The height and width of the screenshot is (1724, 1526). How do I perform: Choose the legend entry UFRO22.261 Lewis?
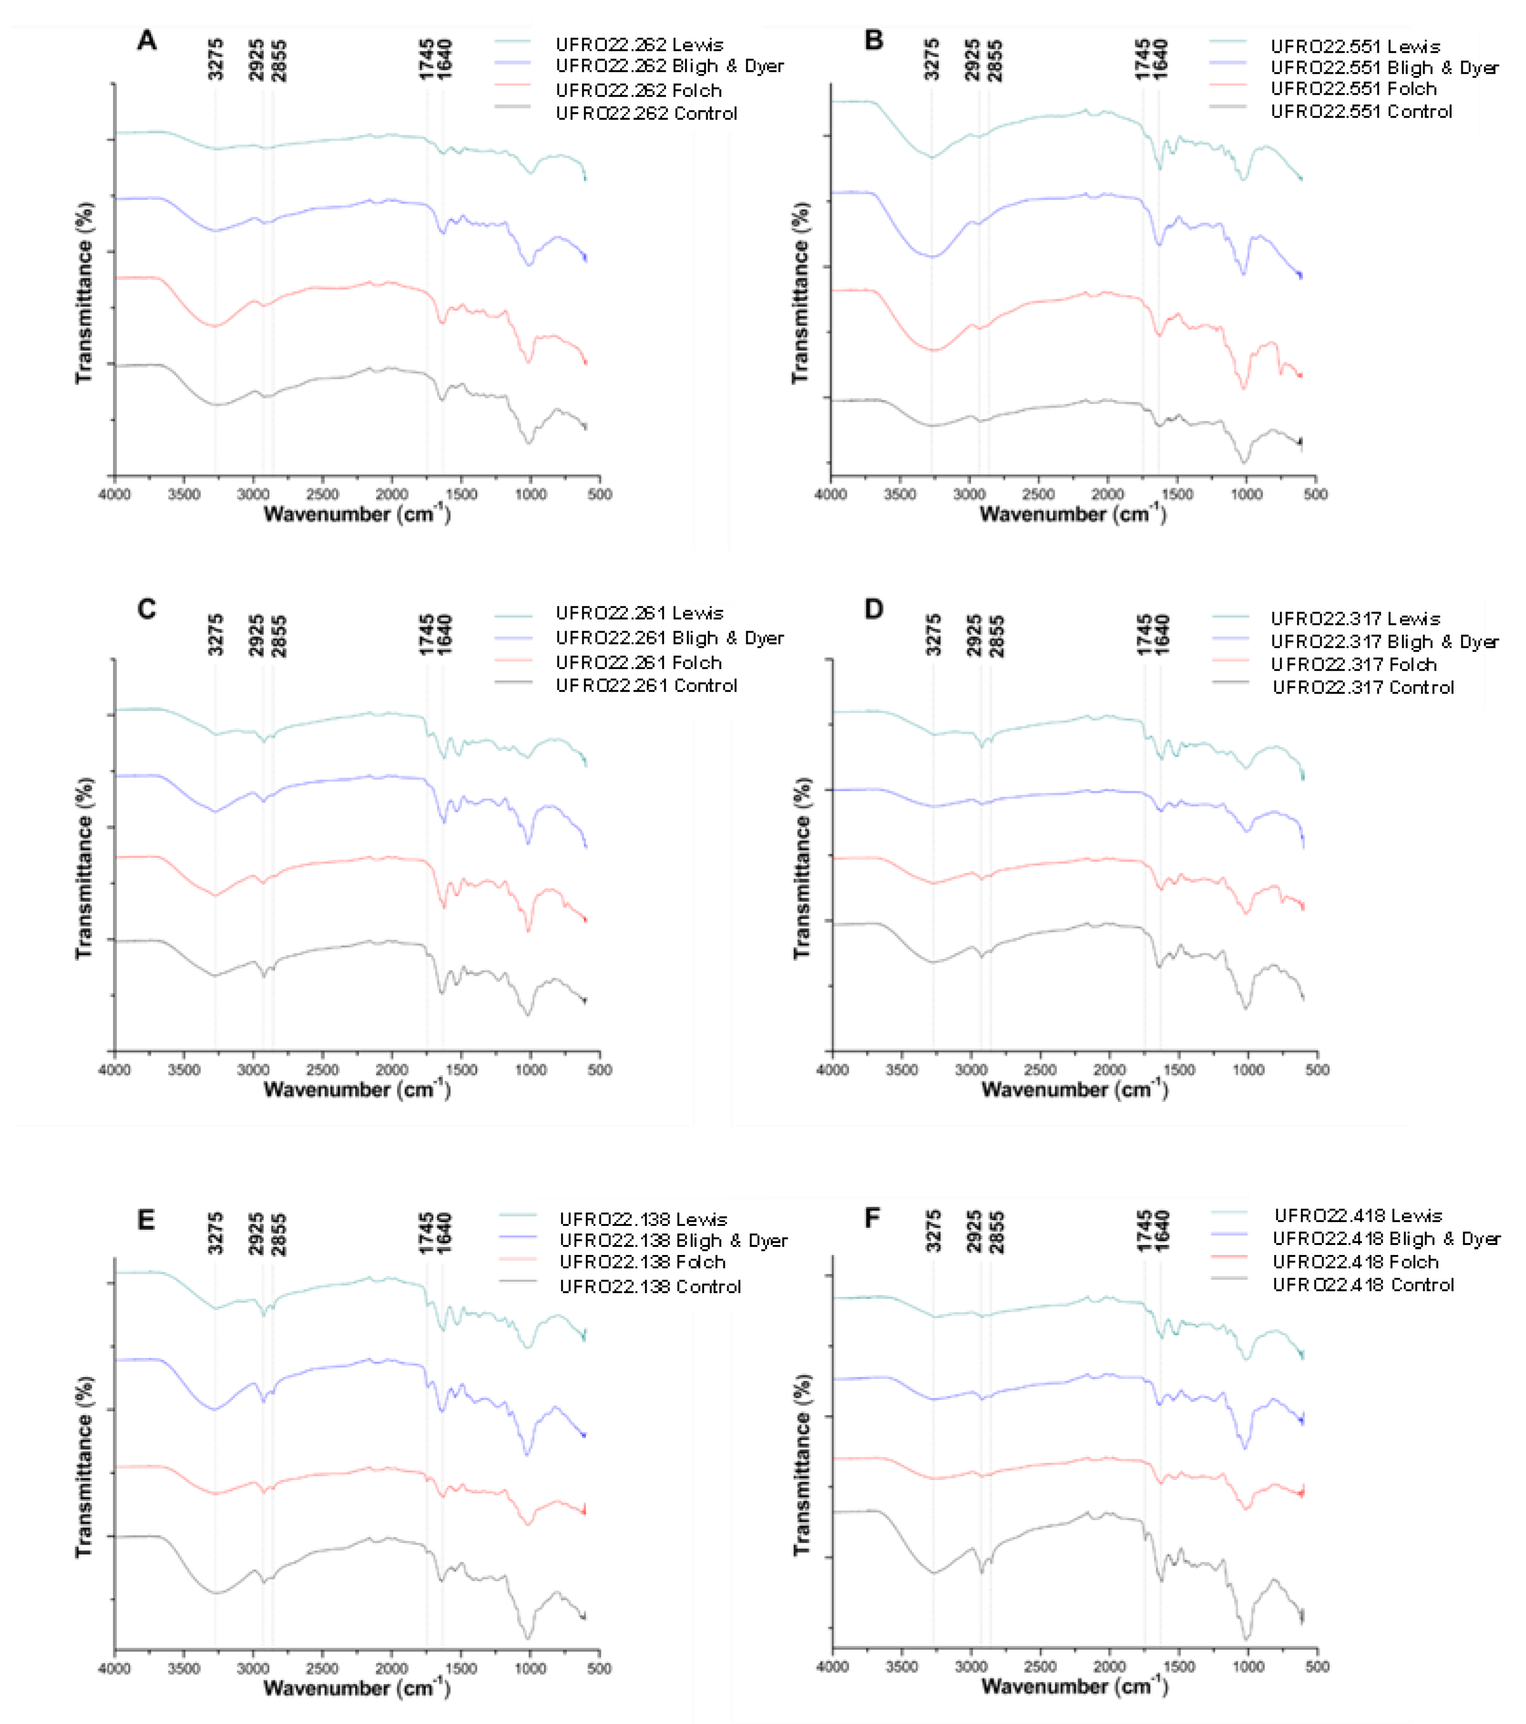point(639,613)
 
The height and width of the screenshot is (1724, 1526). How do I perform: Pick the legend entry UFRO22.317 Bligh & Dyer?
point(1384,642)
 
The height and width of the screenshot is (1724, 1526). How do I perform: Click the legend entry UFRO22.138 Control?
point(650,1286)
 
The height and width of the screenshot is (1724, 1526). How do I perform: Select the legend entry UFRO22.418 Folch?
point(1355,1262)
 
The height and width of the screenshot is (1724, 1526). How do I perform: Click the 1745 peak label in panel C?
point(427,635)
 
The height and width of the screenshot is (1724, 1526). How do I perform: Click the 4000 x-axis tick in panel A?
point(115,494)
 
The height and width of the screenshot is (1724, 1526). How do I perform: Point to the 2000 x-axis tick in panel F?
point(1109,1667)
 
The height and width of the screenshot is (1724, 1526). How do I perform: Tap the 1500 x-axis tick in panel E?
point(460,1668)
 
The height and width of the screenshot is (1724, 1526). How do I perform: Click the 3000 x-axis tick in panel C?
point(253,1070)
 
